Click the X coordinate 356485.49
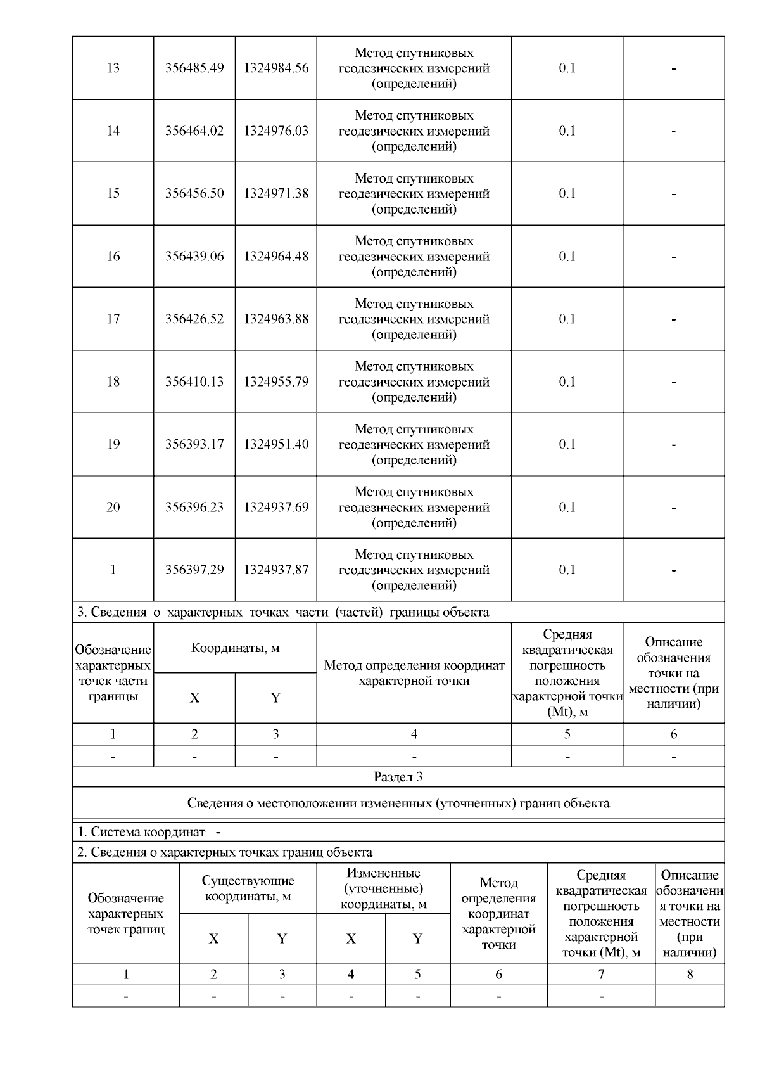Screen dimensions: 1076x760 [x=194, y=68]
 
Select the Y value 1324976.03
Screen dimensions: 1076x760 [x=276, y=131]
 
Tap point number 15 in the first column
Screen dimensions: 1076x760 [x=113, y=193]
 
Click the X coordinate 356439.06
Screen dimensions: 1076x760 [x=194, y=256]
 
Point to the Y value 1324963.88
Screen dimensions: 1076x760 [x=276, y=319]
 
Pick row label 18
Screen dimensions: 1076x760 [x=113, y=381]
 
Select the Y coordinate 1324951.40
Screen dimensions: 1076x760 [x=276, y=444]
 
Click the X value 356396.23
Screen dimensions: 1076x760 [x=194, y=507]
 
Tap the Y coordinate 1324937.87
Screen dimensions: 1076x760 [x=276, y=570]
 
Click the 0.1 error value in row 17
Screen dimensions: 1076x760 [x=567, y=319]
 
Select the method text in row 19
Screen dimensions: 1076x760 [x=414, y=444]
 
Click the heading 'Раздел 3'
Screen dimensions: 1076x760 [x=398, y=777]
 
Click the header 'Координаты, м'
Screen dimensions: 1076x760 [x=235, y=648]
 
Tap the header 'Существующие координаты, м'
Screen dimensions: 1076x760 [x=248, y=888]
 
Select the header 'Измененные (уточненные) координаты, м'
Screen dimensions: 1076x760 [x=383, y=888]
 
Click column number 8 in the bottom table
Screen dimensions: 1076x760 [x=690, y=974]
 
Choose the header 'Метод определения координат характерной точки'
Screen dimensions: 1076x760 [x=414, y=673]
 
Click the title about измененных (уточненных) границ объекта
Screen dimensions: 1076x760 [x=398, y=803]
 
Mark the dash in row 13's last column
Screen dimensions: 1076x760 [x=673, y=68]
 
